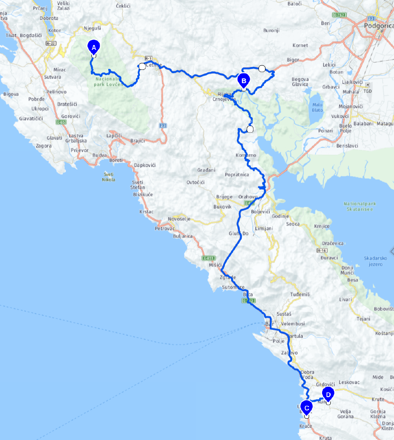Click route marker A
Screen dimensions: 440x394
[x=94, y=46]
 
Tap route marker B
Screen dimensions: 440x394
[x=244, y=81]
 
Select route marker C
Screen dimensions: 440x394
[x=307, y=408]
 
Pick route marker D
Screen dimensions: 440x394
[x=328, y=395]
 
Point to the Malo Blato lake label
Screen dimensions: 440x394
[x=317, y=107]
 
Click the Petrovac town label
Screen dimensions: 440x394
[x=164, y=228]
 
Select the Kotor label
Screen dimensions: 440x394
[x=55, y=30]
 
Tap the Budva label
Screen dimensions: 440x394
[x=100, y=155]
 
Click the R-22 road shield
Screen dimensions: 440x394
[x=51, y=43]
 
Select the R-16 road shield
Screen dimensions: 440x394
[x=321, y=250]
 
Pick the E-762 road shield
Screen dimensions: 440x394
[x=339, y=15]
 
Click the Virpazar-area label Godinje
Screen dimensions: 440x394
[x=293, y=216]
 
